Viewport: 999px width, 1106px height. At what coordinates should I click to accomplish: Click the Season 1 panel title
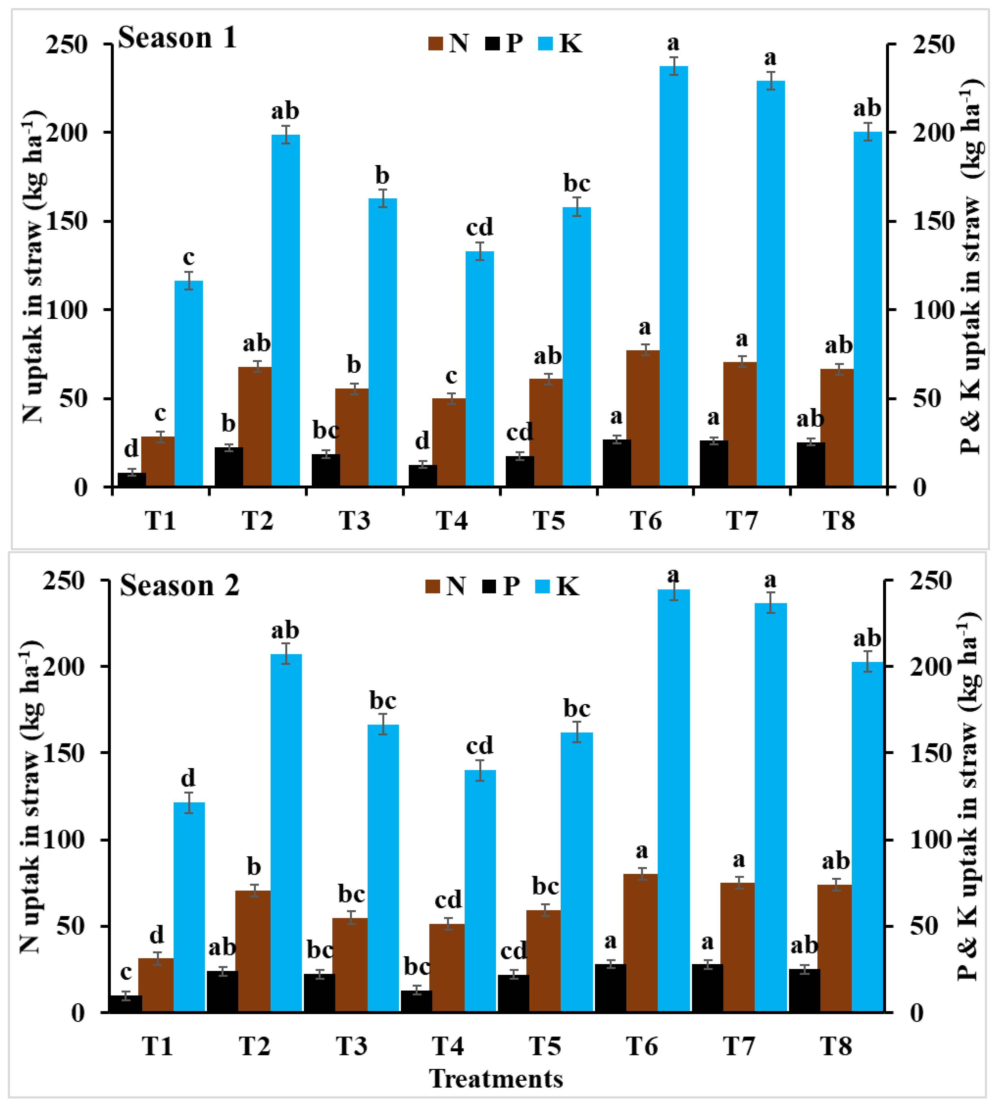click(177, 38)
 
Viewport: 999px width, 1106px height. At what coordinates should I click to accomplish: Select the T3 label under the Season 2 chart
click(351, 1046)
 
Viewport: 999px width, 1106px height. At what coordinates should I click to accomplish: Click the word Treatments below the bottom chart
click(496, 1079)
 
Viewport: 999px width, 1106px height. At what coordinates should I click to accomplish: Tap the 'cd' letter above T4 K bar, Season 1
click(480, 227)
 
